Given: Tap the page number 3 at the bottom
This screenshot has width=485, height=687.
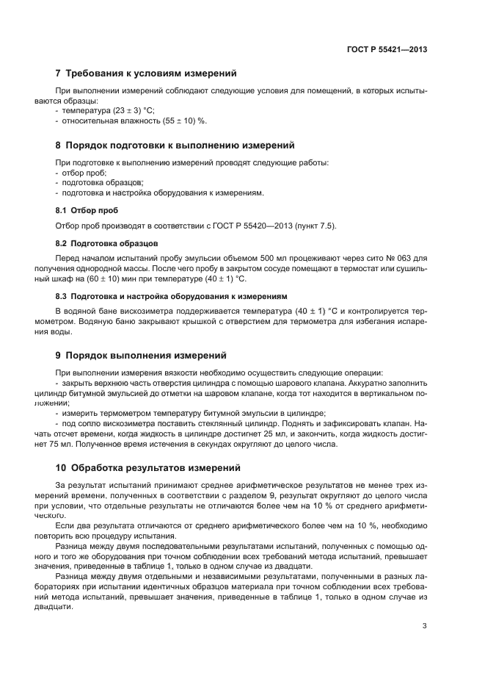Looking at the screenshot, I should (x=424, y=626).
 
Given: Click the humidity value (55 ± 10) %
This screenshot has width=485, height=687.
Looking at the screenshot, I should (x=180, y=121).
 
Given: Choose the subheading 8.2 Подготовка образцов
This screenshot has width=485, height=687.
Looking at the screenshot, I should (x=106, y=242).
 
